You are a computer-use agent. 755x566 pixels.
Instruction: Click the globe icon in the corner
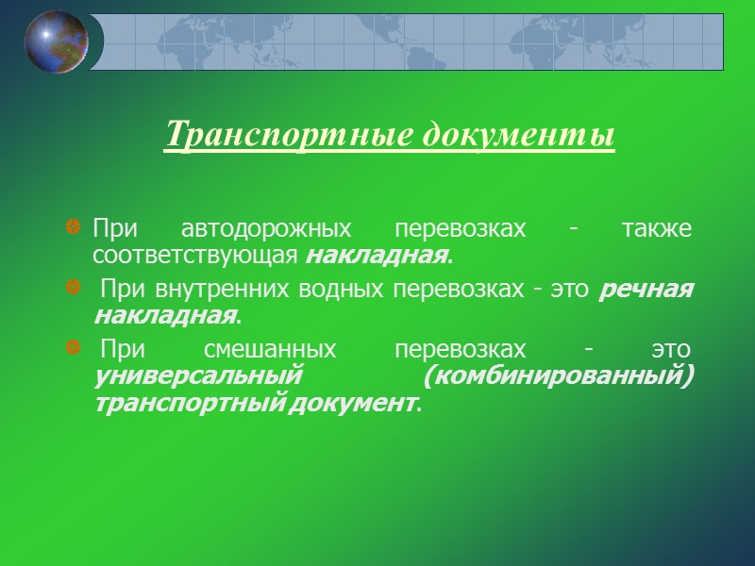click(x=57, y=41)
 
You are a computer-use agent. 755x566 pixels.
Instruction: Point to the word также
click(x=659, y=229)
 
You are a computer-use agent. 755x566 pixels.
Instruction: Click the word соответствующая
click(x=197, y=255)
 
